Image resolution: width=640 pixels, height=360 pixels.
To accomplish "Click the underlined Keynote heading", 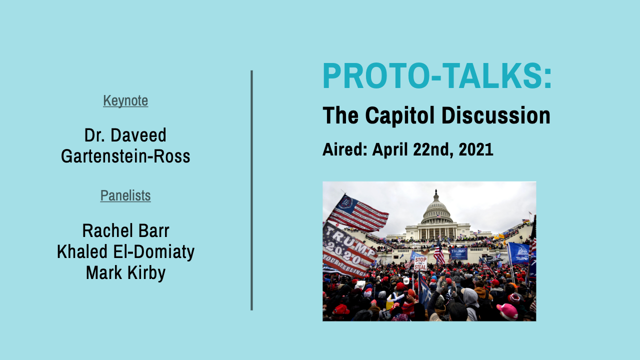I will pos(125,100).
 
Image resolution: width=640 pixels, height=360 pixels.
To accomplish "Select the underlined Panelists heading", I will pos(125,195).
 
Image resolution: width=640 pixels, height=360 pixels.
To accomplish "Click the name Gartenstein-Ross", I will pos(125,156).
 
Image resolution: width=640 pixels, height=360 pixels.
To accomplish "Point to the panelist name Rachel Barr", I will pos(125,231).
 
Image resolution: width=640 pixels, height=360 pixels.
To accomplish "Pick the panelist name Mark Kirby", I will pos(125,273).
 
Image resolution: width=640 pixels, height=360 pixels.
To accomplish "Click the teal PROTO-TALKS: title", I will pos(437,76).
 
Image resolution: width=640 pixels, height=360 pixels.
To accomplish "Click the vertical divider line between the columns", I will pos(251,190).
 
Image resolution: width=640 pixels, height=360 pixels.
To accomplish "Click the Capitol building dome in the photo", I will pos(436,207).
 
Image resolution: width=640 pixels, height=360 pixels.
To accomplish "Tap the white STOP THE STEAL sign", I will pos(420,263).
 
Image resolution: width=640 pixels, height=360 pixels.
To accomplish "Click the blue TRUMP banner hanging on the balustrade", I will pos(458,253).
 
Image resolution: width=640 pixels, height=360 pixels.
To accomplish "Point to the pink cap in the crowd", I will pos(508,310).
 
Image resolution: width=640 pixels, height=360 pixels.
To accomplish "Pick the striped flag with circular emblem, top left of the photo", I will pos(359,212).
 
